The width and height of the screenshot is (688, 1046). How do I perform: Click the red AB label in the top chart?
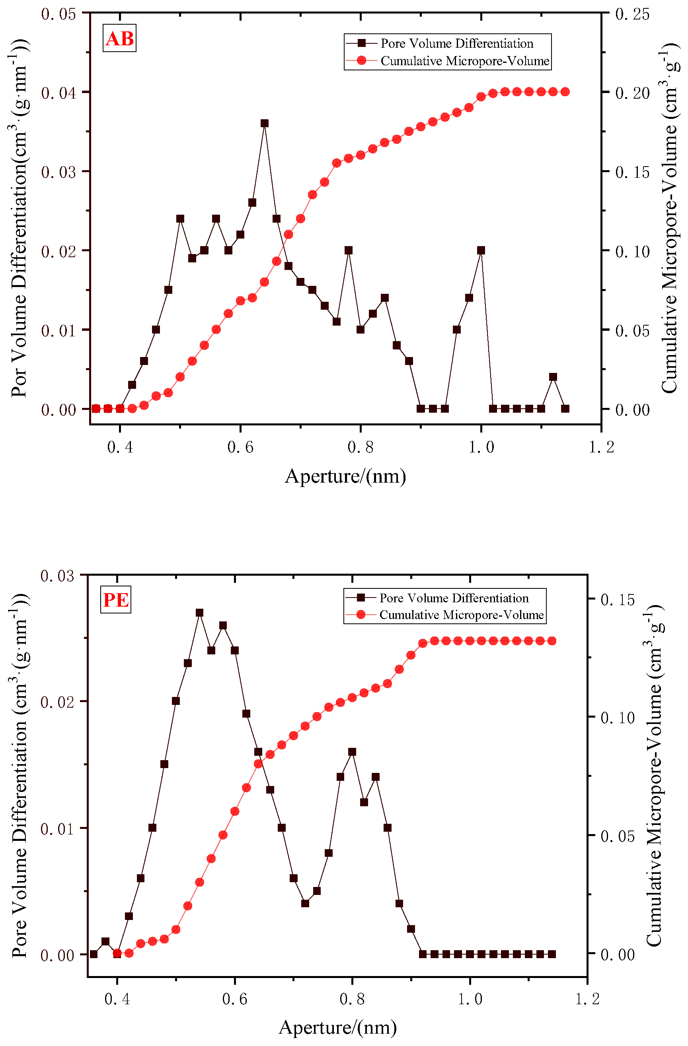pos(120,39)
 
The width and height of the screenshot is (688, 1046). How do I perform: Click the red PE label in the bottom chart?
pos(116,600)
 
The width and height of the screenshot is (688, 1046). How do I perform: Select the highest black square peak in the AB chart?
pos(264,124)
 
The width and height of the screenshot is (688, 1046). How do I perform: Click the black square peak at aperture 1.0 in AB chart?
pos(481,250)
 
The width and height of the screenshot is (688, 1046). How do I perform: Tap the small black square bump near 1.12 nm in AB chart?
pos(553,377)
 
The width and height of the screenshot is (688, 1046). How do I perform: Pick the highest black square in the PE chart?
pos(199,613)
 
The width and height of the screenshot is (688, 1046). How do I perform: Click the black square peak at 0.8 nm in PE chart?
pos(352,752)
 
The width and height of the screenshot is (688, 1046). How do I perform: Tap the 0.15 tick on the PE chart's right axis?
pos(618,600)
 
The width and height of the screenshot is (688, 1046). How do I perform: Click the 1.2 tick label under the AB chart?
pos(601,447)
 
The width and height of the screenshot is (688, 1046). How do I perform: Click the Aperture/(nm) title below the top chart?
pos(345,476)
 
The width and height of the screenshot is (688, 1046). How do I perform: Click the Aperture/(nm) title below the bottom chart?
pos(337,1028)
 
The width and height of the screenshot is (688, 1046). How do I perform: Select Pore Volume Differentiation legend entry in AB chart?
pos(457,43)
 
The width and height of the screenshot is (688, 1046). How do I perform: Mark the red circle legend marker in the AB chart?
pos(361,61)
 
